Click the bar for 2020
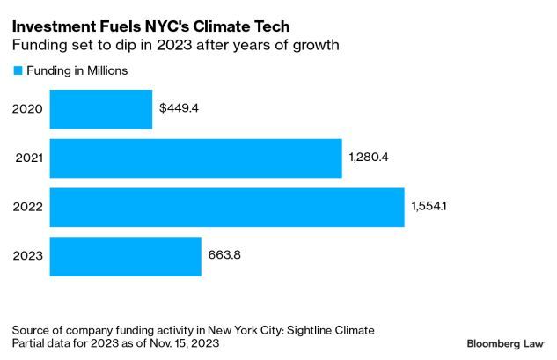tap(100, 109)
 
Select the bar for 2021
tap(195, 158)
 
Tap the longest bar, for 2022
tap(227, 208)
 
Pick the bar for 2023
tap(125, 256)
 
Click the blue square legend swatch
tap(17, 70)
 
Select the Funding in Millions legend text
tap(77, 70)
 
